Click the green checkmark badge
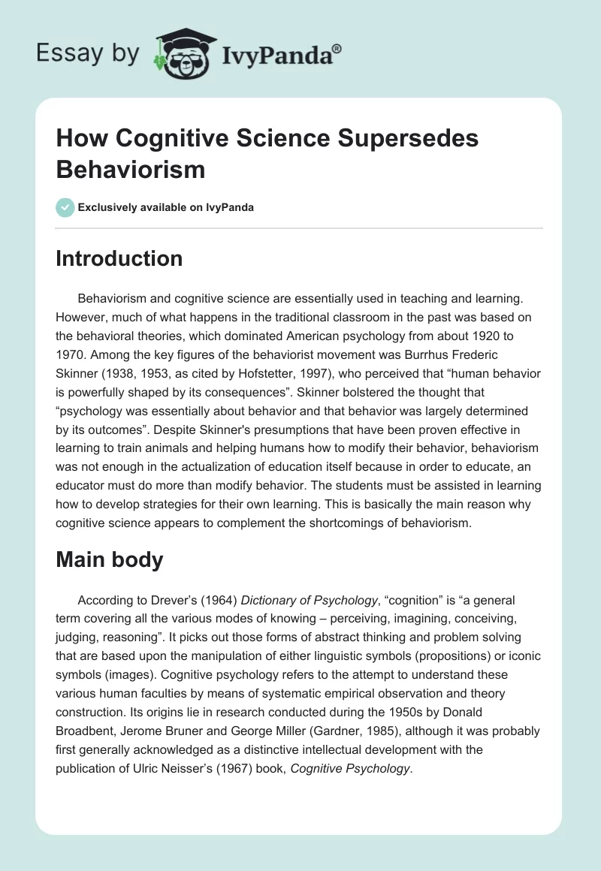[65, 207]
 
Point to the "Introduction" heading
[119, 258]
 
